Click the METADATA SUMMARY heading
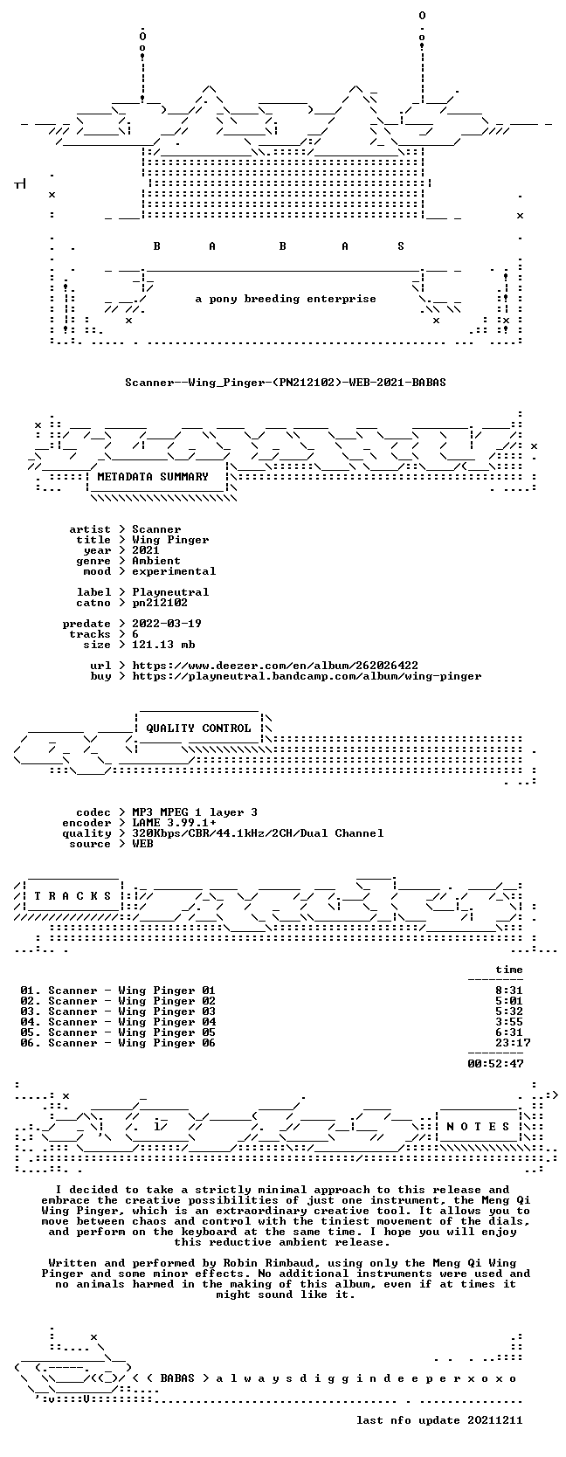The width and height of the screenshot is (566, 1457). [153, 477]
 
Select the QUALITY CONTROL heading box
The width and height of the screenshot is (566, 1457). [198, 728]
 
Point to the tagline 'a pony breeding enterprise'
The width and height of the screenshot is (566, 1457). [286, 300]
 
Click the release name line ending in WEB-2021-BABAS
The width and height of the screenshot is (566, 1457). [286, 383]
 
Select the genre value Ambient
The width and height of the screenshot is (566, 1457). [156, 561]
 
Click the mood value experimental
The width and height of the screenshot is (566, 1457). [174, 571]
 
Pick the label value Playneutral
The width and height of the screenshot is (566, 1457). [170, 592]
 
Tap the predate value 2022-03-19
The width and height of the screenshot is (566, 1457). [167, 623]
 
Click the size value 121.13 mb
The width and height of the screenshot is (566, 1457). [163, 645]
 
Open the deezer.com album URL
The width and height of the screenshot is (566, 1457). [275, 666]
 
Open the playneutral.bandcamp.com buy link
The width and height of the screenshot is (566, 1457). [307, 676]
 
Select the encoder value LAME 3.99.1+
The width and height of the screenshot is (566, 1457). [174, 823]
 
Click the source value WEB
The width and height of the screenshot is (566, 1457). [142, 844]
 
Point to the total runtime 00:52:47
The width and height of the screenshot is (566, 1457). [495, 1063]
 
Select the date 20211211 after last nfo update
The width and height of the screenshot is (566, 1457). [495, 1420]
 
